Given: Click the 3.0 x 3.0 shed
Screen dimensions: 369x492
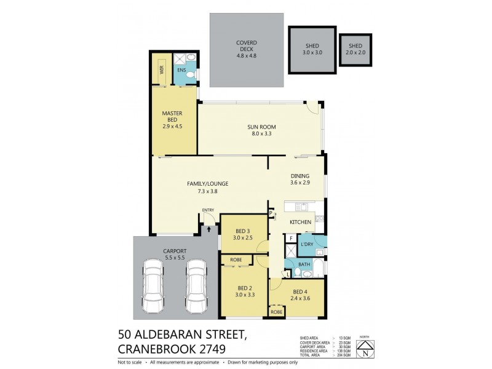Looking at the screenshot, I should click(313, 49).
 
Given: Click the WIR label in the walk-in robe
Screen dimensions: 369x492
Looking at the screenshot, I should click(162, 70).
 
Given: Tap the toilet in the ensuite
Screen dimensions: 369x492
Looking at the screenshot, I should click(191, 76).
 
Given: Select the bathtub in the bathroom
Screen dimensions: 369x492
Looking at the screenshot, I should click(319, 268).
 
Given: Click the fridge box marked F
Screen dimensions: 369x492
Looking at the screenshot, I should click(291, 238).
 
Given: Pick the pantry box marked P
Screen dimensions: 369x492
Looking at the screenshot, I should click(271, 213).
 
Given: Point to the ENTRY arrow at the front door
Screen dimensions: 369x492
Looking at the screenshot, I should click(208, 228).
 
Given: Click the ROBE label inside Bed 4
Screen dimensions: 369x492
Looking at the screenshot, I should click(277, 312).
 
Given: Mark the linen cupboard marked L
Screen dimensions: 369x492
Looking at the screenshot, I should click(288, 274).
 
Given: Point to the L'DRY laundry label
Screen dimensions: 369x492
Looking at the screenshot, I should click(307, 244).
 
